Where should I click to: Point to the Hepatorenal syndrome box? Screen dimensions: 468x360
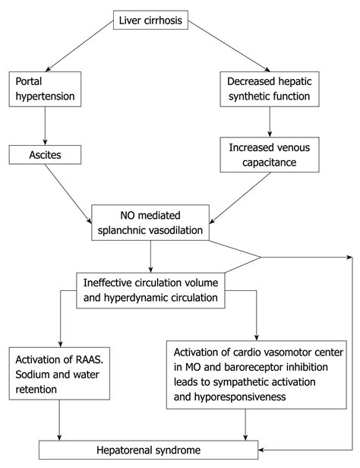tap(160, 451)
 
